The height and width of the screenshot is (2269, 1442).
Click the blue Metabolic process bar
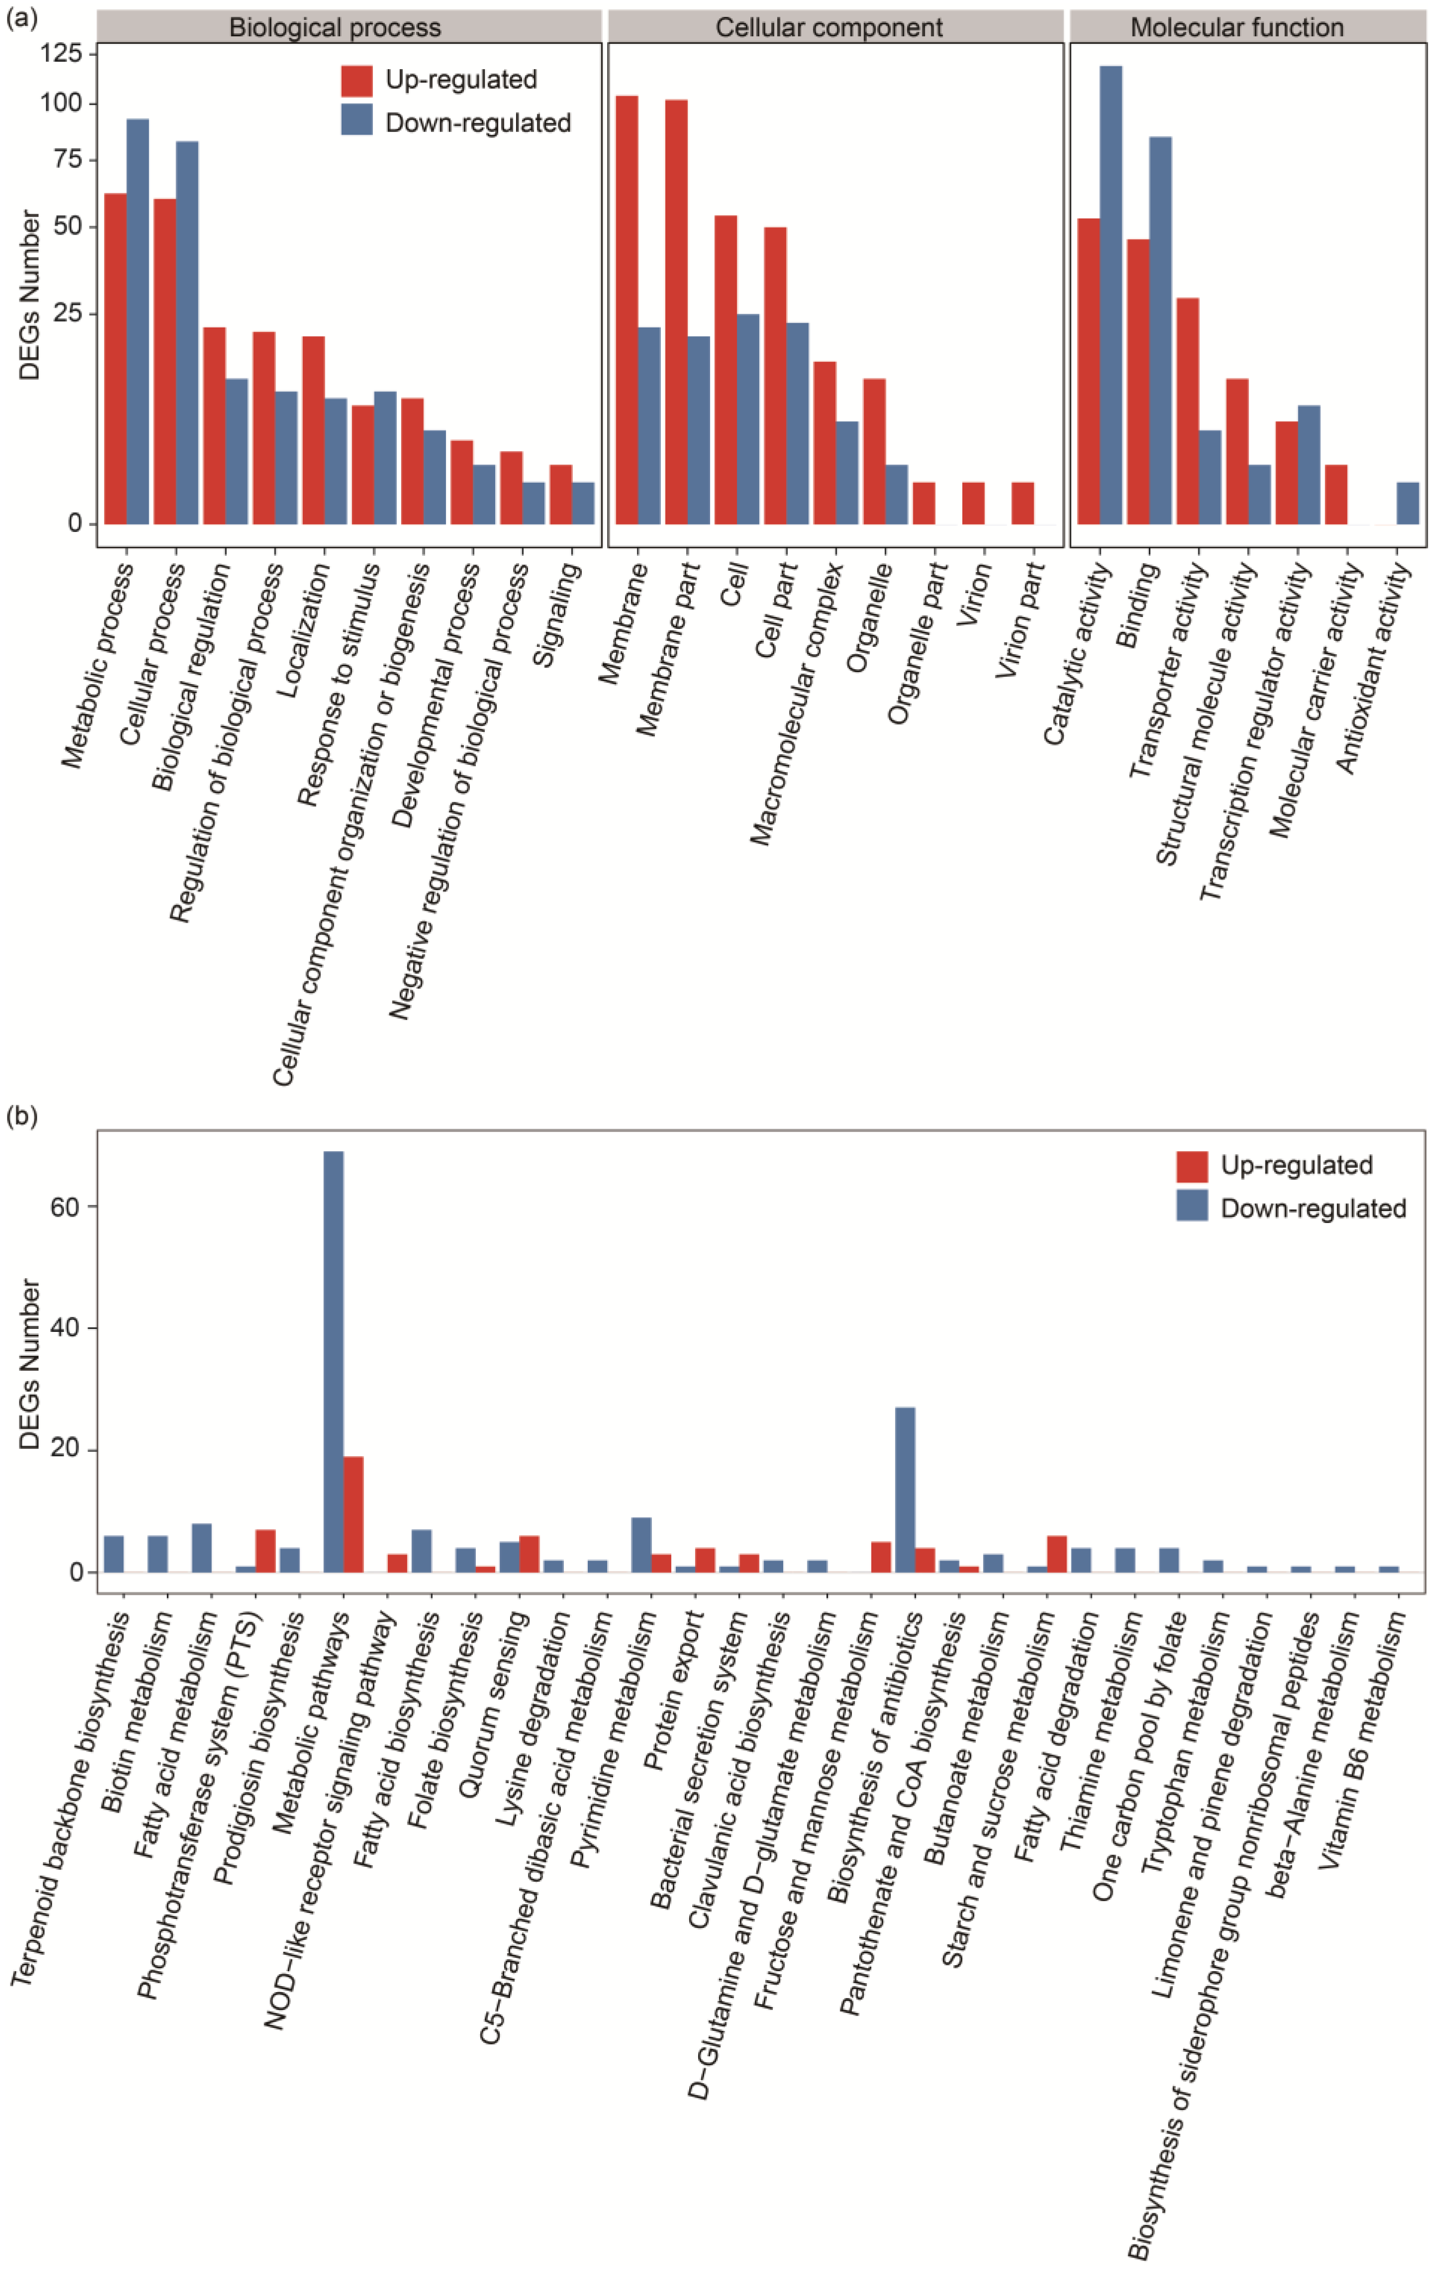pyautogui.click(x=138, y=320)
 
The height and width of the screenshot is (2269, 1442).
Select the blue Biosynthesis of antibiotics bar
pyautogui.click(x=905, y=1489)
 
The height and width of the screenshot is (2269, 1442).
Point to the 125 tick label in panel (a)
pyautogui.click(x=61, y=54)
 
